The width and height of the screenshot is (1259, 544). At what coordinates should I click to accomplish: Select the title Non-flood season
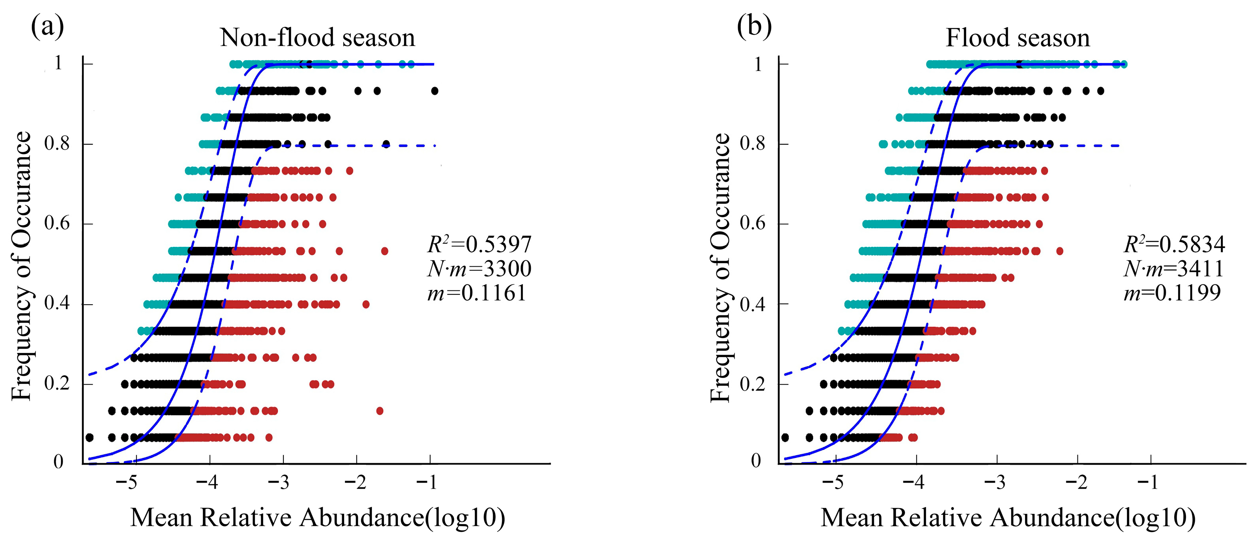[x=318, y=38]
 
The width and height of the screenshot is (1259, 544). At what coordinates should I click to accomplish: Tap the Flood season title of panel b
[x=1018, y=38]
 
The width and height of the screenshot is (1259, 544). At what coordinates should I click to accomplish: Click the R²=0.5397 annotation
[x=479, y=244]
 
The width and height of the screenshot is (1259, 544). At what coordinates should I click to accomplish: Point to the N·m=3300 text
[x=479, y=268]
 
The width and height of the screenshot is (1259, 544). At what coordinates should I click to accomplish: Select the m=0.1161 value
[x=476, y=292]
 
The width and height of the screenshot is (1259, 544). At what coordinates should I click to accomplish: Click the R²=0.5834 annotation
[x=1175, y=244]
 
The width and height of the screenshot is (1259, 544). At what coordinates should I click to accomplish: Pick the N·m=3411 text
[x=1173, y=268]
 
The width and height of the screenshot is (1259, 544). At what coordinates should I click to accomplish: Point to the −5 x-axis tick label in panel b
[x=833, y=483]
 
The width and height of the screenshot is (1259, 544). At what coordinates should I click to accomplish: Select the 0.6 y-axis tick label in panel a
[x=57, y=223]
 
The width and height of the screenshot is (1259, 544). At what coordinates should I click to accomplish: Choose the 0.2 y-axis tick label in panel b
[x=753, y=384]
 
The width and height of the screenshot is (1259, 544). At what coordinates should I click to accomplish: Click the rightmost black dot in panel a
[x=434, y=91]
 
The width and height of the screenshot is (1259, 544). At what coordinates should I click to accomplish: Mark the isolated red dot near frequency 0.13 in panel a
[x=380, y=411]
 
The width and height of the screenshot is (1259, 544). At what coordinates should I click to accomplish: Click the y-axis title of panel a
[x=21, y=266]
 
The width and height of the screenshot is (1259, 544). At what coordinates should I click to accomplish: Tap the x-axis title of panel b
[x=1008, y=517]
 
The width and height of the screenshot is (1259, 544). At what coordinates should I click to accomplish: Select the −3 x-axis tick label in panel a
[x=279, y=483]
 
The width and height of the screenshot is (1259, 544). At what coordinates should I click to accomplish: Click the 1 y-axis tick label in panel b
[x=758, y=63]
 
